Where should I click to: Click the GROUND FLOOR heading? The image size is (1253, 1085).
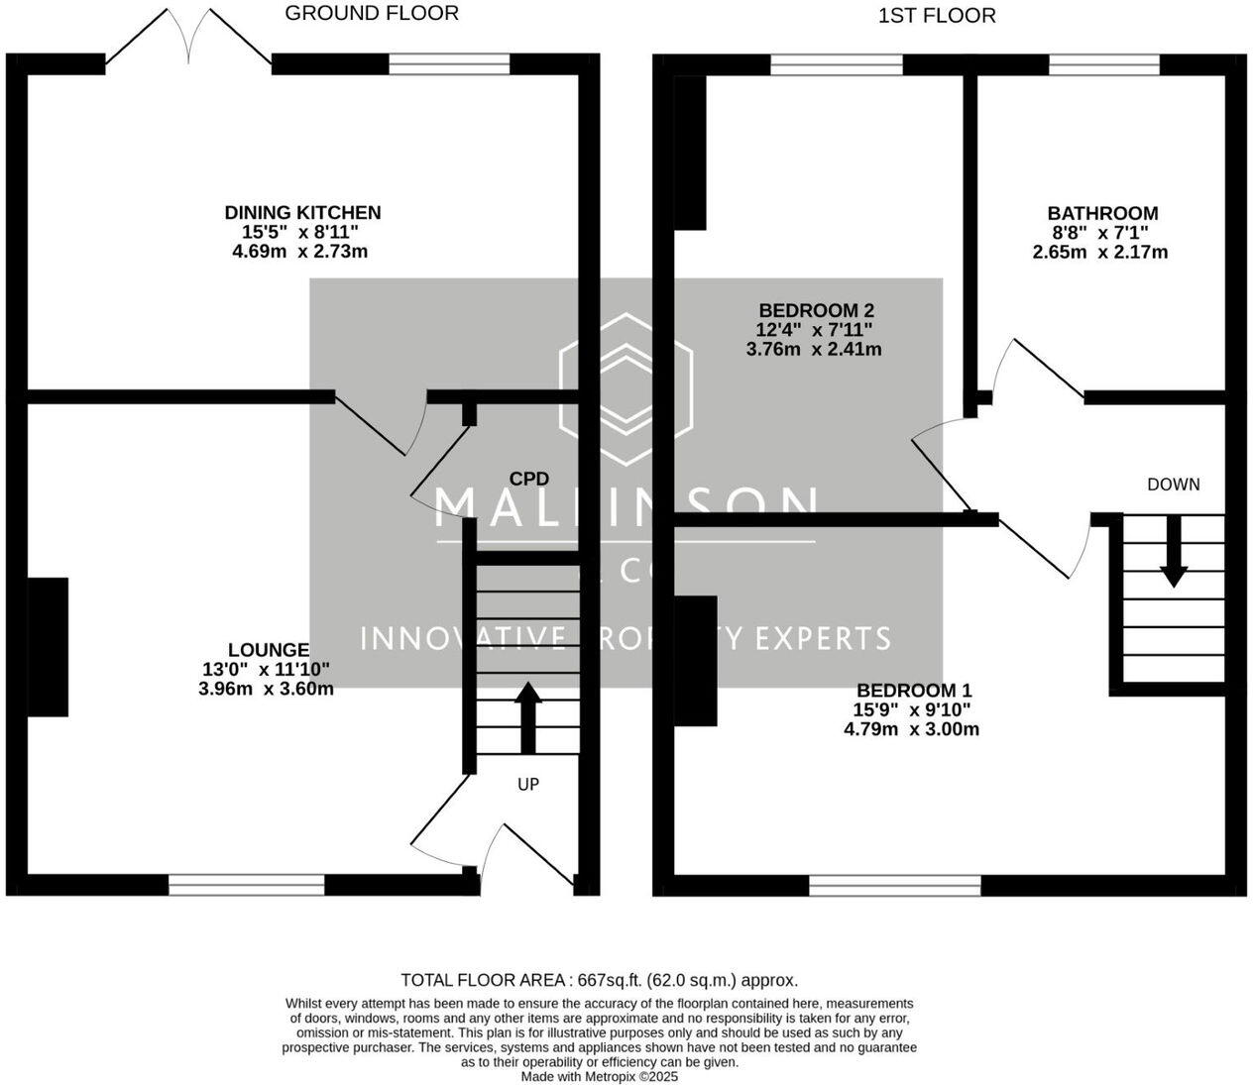(372, 13)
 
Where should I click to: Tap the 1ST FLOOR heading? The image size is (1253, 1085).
(937, 16)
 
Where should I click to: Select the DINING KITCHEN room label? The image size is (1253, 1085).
(302, 212)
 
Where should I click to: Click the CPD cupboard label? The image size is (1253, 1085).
(529, 479)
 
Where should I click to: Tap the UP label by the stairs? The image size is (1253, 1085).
(528, 784)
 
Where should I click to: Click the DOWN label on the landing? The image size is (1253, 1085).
(1173, 485)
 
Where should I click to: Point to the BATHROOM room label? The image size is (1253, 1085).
(1102, 213)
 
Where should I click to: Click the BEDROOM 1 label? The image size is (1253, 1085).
(914, 691)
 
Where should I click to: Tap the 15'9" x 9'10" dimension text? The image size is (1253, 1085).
(913, 709)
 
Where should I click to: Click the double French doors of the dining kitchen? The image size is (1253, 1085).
(188, 42)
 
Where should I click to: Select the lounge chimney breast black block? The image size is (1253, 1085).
(48, 646)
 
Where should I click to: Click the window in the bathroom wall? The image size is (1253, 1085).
(1103, 64)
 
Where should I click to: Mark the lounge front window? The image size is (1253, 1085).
(247, 885)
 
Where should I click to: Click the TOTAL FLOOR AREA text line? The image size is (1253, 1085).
(599, 980)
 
